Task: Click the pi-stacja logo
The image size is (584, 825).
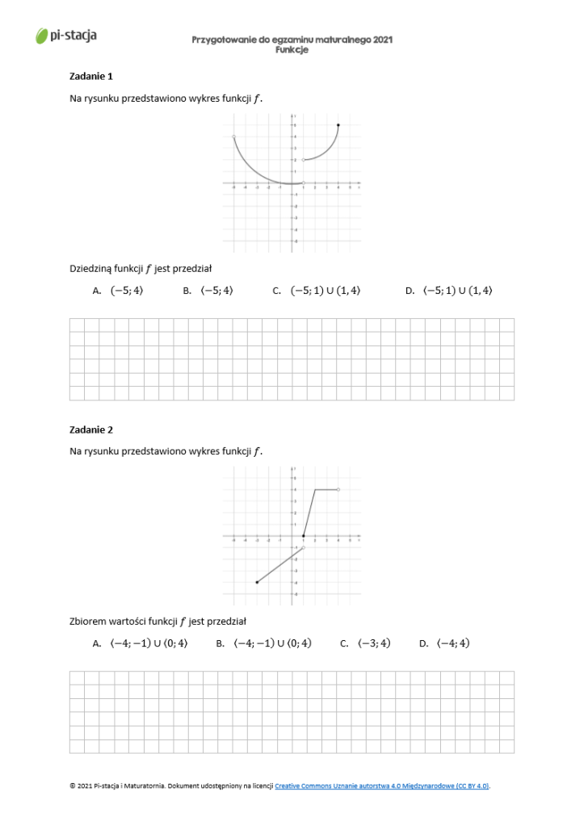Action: tap(66, 36)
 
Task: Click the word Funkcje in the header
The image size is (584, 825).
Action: tap(292, 49)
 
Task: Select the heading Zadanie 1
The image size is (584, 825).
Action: tap(91, 76)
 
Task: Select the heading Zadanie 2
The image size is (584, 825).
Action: tap(91, 429)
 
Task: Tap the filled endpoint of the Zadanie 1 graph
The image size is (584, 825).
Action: tap(338, 125)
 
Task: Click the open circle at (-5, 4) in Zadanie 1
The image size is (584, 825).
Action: tap(233, 137)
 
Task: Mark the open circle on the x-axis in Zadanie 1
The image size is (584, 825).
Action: tap(303, 183)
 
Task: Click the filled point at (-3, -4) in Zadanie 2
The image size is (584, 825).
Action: tap(257, 581)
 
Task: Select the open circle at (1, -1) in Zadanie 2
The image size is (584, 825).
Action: tap(303, 547)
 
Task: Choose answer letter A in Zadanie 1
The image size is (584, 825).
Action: tap(96, 291)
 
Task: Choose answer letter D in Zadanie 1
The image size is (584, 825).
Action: tap(410, 291)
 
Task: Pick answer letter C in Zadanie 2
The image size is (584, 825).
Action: tap(344, 643)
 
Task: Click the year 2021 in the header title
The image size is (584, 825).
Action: tap(383, 40)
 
